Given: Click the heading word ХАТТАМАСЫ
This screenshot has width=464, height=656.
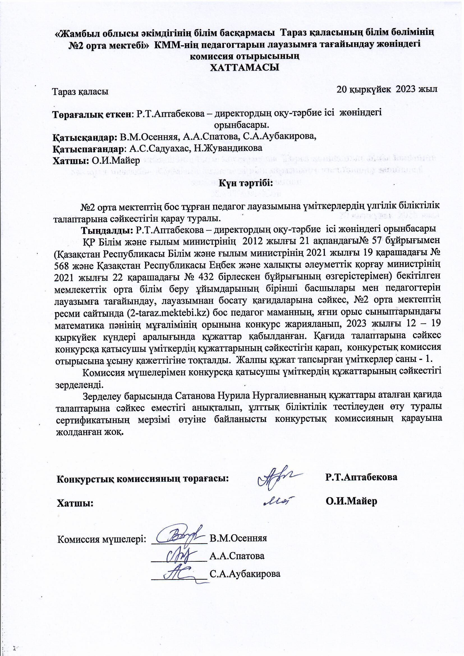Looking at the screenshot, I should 245,68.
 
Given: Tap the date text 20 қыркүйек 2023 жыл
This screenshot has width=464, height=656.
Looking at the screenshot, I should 387,89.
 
